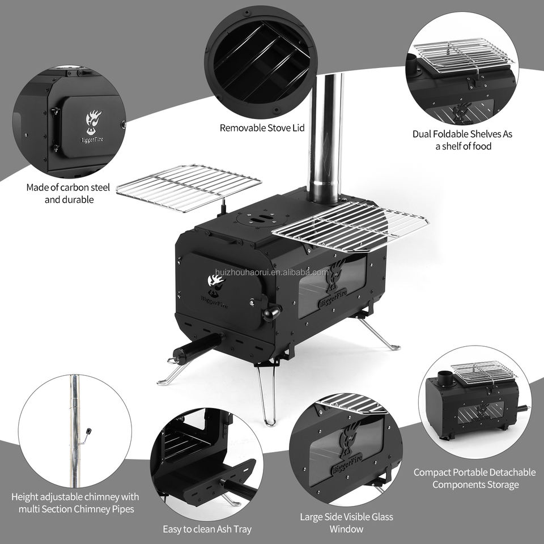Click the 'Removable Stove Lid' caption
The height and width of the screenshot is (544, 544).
coord(262,128)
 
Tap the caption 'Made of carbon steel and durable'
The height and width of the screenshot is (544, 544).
coord(69,193)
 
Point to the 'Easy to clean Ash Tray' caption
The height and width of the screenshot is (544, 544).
coord(207,529)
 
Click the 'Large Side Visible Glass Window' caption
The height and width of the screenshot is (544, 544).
coord(346,523)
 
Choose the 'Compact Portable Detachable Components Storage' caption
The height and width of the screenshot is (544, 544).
coord(475,478)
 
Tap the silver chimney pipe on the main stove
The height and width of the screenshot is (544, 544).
coord(325,139)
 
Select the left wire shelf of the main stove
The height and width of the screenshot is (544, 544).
coord(189,188)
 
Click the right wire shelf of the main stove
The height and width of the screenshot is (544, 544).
coord(350,226)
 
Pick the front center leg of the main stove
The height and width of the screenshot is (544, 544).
coord(267,396)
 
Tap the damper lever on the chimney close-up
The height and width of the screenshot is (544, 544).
coord(86,436)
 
